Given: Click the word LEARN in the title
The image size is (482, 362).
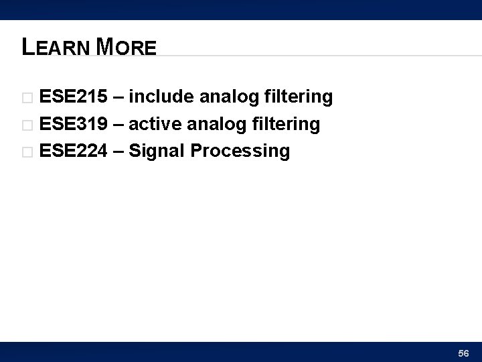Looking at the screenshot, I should (56, 47).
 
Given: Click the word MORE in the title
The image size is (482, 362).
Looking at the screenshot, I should (127, 47).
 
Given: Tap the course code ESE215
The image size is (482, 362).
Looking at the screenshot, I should (73, 98).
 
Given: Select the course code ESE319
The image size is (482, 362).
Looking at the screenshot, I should (73, 125).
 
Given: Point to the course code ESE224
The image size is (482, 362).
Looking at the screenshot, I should (73, 152).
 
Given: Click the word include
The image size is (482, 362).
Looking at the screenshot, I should (161, 98).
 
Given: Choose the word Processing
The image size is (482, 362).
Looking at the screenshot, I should (240, 152).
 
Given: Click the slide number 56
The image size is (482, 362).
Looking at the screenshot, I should (463, 352).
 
